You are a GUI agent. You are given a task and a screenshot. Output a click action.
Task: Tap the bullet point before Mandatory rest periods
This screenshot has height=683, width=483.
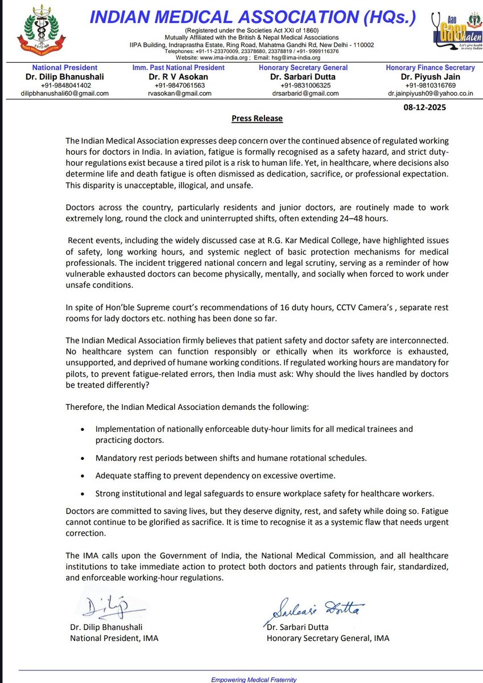pos(84,458)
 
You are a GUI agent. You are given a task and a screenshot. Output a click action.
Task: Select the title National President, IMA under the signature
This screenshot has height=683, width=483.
pos(114,638)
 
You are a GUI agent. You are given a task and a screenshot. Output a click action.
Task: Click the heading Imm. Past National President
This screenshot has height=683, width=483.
pos(179,68)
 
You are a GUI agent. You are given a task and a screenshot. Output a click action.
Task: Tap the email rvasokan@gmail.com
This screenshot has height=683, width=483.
pos(179,93)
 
